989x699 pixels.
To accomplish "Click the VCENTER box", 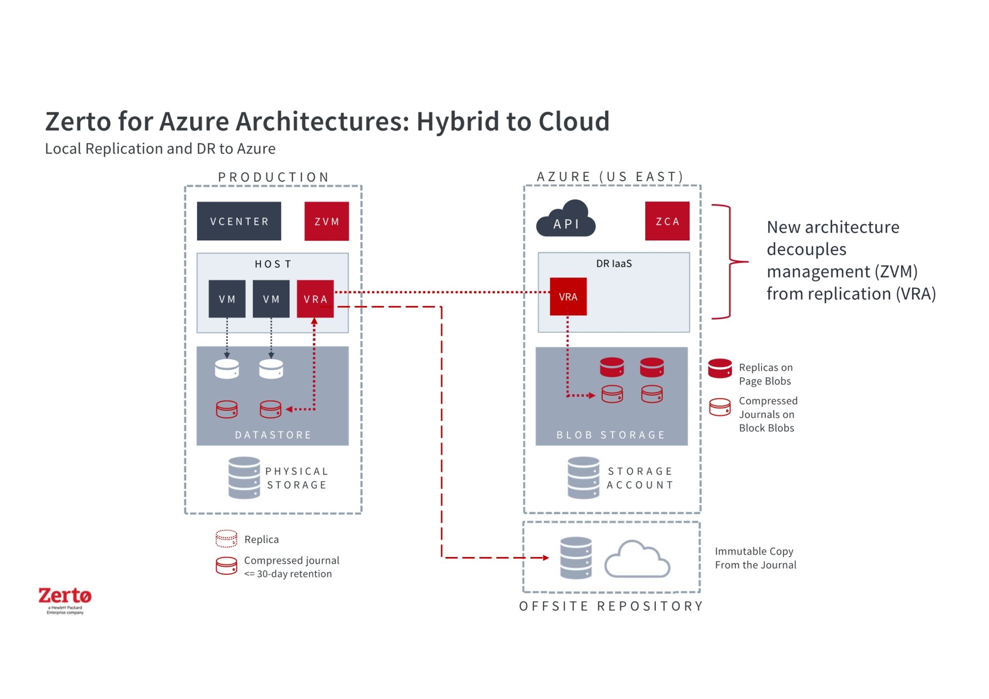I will [x=239, y=221].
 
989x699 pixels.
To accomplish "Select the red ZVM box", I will [x=326, y=221].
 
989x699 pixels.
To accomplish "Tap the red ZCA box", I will [x=667, y=221].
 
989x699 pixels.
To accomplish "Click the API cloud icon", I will [x=565, y=220].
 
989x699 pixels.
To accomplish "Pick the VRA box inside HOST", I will [x=315, y=299].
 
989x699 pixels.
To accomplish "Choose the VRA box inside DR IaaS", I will [x=568, y=296].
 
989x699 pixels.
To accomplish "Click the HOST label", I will [x=273, y=264].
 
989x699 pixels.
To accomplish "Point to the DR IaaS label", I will [x=613, y=264].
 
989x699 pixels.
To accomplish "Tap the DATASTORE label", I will [x=273, y=434].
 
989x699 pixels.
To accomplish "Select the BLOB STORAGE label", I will [x=610, y=434].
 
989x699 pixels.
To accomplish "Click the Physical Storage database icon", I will [x=244, y=477].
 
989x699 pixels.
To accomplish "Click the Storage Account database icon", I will [x=583, y=477].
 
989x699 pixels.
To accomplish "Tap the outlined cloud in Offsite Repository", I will [x=637, y=560].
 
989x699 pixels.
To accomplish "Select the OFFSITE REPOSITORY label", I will [x=611, y=606].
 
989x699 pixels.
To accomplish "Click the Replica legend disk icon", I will [x=226, y=539].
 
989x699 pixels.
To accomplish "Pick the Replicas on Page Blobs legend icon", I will [x=720, y=368].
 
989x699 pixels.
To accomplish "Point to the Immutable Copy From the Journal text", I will [x=755, y=558].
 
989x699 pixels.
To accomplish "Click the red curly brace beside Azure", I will [x=729, y=262].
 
